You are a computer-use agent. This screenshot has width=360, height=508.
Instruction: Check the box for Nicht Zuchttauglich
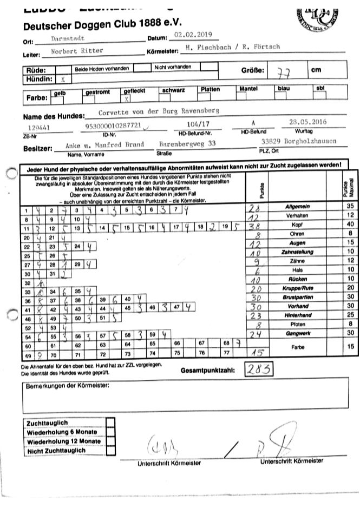[110, 450]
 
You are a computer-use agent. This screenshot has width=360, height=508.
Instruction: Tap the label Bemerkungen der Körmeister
[68, 386]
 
